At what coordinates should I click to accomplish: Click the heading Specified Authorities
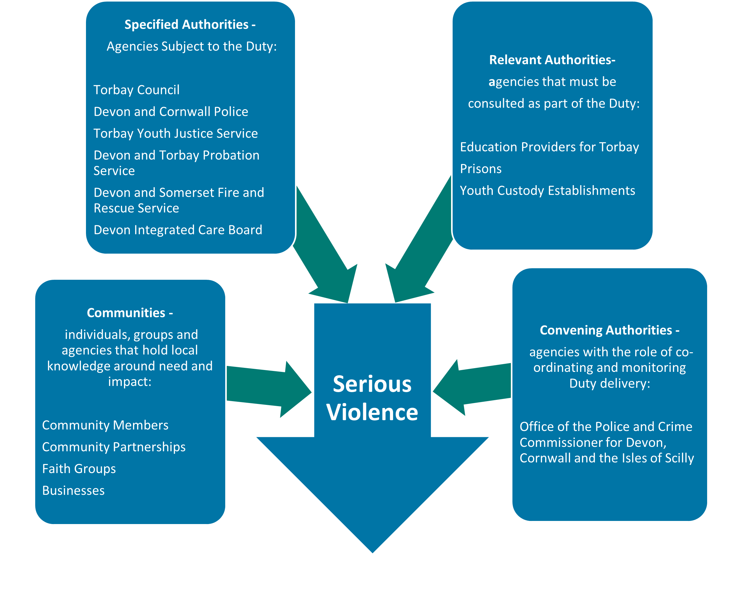(x=190, y=25)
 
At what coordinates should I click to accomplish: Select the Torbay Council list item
(x=136, y=90)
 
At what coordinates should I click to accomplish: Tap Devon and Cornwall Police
(x=171, y=112)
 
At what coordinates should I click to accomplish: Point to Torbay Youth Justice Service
(x=176, y=134)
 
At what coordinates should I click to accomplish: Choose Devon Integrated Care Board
(x=178, y=230)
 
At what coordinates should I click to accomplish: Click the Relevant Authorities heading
(x=552, y=60)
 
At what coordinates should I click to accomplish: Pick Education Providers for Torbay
(x=549, y=147)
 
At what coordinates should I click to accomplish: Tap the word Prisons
(x=481, y=169)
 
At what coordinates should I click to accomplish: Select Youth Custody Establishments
(x=547, y=191)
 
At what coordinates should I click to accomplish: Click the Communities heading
(x=130, y=313)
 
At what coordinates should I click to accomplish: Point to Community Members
(x=105, y=425)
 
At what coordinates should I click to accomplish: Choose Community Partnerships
(x=114, y=447)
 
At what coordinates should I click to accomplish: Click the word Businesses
(x=73, y=491)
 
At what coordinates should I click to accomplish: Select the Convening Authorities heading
(x=609, y=330)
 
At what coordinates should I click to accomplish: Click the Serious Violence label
(x=372, y=398)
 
